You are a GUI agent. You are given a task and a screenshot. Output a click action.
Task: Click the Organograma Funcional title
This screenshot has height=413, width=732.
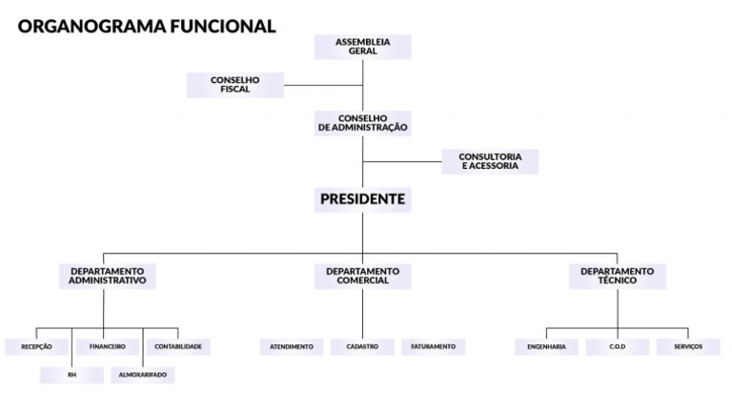click(x=147, y=26)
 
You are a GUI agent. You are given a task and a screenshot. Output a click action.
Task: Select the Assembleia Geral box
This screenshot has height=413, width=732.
click(x=362, y=47)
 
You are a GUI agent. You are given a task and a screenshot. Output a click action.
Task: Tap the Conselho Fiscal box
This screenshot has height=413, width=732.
click(x=234, y=85)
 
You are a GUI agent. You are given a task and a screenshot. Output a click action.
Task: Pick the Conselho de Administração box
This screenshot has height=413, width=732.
click(x=362, y=123)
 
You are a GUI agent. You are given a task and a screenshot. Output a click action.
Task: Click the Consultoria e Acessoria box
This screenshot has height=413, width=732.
click(x=490, y=161)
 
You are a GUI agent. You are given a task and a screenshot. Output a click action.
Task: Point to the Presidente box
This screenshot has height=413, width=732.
click(x=362, y=199)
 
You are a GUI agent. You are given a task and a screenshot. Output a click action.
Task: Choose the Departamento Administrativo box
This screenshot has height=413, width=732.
click(x=107, y=276)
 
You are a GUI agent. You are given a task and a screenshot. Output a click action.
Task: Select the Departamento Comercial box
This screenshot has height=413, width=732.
click(x=362, y=276)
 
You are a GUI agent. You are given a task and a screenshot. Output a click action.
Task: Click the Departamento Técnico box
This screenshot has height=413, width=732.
click(x=618, y=276)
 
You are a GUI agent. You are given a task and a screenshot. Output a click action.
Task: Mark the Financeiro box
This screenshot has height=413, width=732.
click(x=108, y=346)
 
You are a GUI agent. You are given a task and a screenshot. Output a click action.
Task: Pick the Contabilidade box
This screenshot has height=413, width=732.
click(x=178, y=346)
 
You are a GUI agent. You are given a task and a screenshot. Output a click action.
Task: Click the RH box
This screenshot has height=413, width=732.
click(x=71, y=375)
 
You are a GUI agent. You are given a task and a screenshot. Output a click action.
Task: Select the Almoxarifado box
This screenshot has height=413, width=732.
click(x=143, y=375)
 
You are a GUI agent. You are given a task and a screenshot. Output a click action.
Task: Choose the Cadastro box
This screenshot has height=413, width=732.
click(x=362, y=346)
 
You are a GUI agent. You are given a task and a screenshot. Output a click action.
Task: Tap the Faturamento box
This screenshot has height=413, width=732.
click(x=434, y=346)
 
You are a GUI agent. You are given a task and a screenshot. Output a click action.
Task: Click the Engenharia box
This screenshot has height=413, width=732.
click(x=546, y=346)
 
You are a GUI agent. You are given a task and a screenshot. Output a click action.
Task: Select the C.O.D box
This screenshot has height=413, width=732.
click(x=618, y=346)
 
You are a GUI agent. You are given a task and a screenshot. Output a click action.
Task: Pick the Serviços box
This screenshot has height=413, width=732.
click(x=688, y=346)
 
